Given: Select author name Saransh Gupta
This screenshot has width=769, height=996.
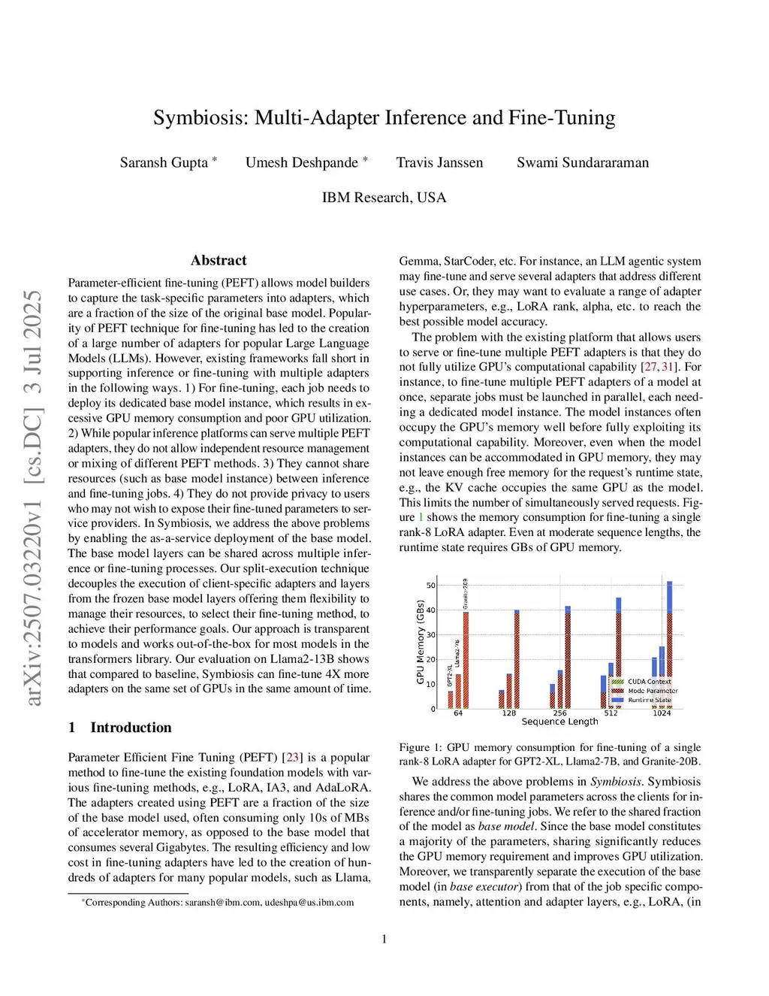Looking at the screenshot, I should coord(164,162).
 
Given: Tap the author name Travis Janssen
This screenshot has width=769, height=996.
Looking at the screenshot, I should coord(439,162).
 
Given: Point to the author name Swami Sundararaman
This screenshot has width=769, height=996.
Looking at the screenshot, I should coord(582,162).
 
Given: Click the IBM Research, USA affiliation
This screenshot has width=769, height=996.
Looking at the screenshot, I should coord(384,197).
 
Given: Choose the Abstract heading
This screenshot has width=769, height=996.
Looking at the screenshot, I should coord(219,260).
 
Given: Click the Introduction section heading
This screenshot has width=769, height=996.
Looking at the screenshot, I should coord(131,727).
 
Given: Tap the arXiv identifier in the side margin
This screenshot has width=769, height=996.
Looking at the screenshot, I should coord(33,497).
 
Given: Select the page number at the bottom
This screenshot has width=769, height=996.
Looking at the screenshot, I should coord(384,938).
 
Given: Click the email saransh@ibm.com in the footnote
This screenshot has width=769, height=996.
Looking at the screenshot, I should coord(222,902).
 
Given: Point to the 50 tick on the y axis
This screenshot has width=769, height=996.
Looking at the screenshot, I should coord(431,585).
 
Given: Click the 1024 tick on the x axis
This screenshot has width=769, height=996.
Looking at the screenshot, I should coord(662,713).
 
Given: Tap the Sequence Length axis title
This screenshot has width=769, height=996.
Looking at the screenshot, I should coord(559,722).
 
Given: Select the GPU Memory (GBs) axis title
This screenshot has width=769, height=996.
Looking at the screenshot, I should coord(421,641).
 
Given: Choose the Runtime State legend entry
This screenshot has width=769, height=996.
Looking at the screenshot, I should coord(650,700).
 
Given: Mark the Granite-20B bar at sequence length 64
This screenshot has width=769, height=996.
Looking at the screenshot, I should coord(466,659).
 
